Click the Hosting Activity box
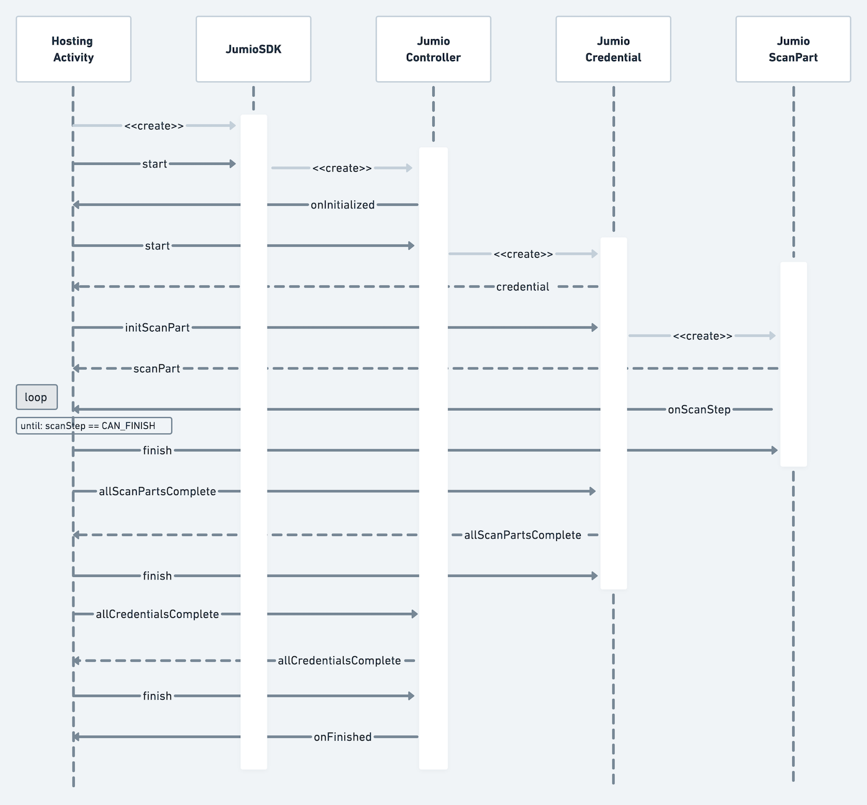click(x=73, y=50)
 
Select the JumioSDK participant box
click(x=253, y=50)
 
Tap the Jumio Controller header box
click(x=433, y=50)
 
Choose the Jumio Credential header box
click(x=613, y=50)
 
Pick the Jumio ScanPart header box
click(x=793, y=50)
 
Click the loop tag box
click(x=37, y=397)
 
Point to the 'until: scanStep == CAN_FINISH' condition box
click(x=94, y=426)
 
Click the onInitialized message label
click(x=342, y=205)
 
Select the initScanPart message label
click(x=157, y=328)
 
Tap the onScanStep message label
click(x=699, y=410)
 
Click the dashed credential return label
click(x=523, y=287)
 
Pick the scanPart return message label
click(x=157, y=369)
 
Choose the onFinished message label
click(x=342, y=737)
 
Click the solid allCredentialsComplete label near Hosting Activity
click(x=157, y=614)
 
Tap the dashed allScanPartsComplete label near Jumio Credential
click(x=523, y=535)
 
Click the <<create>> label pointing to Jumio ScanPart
click(x=702, y=336)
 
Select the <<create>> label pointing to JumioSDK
click(x=154, y=126)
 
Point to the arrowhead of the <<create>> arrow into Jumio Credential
click(x=595, y=253)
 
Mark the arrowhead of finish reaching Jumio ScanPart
click(x=775, y=451)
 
